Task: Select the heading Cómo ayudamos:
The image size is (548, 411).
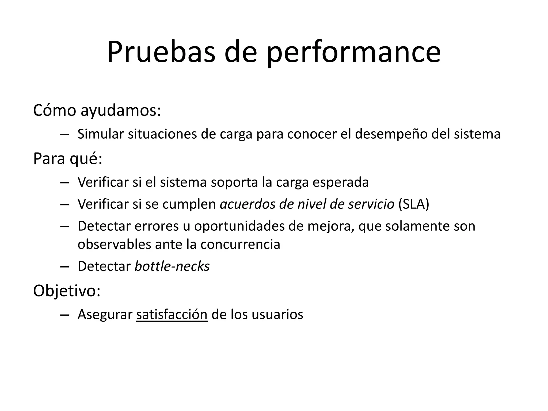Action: coord(97,110)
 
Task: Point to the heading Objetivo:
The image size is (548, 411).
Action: coord(67,291)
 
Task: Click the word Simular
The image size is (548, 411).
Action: coord(101,134)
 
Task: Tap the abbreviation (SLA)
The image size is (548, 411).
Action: coord(414,204)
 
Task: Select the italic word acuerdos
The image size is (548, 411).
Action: coord(247,204)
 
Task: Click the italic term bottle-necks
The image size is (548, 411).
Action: coord(172,266)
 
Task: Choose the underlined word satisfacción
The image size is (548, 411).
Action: coord(172,314)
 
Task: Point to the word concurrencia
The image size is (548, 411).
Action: coord(240,244)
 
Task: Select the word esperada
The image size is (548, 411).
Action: coord(340,182)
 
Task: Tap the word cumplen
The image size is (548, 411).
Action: coord(189,204)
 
